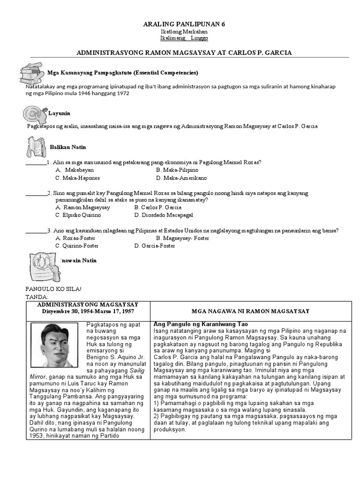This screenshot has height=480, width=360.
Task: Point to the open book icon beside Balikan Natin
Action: [x=36, y=147]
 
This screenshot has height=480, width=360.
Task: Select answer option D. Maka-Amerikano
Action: [x=181, y=178]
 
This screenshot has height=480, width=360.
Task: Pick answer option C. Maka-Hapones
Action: [x=77, y=178]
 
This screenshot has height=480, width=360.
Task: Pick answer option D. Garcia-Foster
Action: [x=154, y=246]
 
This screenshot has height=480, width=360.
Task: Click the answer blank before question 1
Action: [x=36, y=163]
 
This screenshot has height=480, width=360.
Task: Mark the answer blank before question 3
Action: [x=36, y=231]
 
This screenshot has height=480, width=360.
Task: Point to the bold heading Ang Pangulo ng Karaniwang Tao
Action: [x=200, y=324]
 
